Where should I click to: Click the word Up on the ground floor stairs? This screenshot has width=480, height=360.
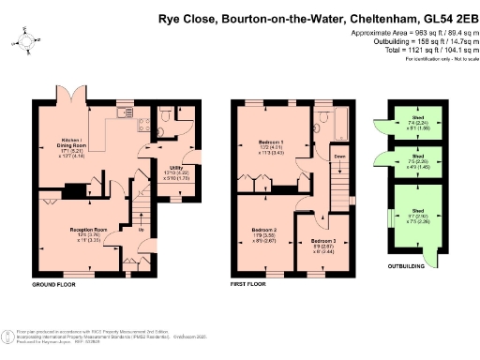click(141, 230)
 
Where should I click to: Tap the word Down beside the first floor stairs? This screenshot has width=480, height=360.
click(339, 157)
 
